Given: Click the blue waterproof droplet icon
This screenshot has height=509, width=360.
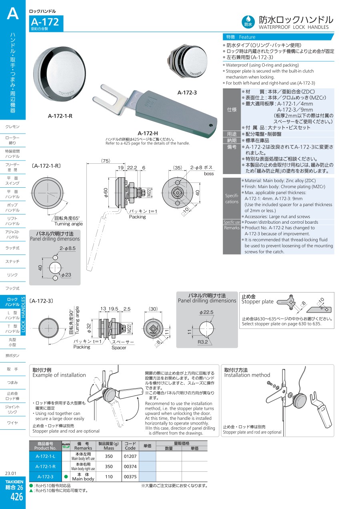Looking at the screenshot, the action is point(248,22).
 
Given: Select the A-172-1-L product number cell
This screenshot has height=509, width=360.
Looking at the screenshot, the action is point(46,456).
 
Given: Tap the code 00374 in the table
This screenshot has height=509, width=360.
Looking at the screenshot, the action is point(130,466).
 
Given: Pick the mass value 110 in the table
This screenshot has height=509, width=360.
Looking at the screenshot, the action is point(109,477).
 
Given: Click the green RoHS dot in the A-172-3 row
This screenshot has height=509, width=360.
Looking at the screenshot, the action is point(66,477).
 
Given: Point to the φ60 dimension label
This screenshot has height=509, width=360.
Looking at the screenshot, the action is point(106,192).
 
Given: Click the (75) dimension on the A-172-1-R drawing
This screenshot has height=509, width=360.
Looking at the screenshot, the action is point(106,160).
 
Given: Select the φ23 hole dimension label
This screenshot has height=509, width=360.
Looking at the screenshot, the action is point(66,275).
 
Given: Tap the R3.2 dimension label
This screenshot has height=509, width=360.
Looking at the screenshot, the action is point(202,342).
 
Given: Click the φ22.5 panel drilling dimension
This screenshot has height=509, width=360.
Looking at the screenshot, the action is point(206,312).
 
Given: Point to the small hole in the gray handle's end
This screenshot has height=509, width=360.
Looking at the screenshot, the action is point(211,125).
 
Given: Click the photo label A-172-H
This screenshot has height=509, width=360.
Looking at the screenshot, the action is point(148,133).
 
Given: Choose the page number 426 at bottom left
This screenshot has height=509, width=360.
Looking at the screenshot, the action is point(16,497).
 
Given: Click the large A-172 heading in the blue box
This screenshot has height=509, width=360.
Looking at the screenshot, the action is point(45,22).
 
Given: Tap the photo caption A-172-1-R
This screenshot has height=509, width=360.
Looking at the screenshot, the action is point(60,116).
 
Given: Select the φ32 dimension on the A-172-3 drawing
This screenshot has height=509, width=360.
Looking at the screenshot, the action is point(89,328).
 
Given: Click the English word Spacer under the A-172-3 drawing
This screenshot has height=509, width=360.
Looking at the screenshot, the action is point(119,347).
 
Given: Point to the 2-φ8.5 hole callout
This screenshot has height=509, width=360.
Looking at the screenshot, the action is point(68,248).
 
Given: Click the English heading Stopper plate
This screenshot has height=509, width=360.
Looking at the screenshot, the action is point(257,302).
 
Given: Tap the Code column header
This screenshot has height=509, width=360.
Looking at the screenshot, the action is point(130,448).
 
